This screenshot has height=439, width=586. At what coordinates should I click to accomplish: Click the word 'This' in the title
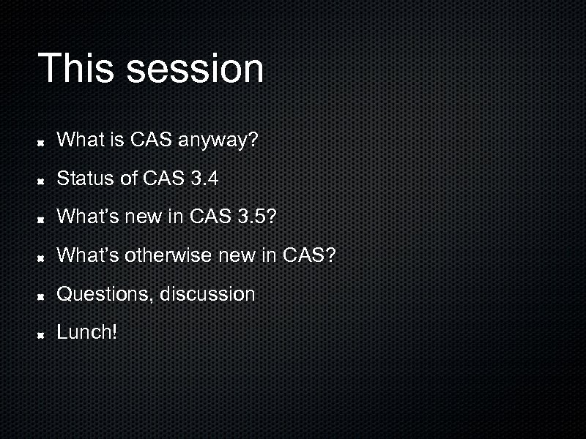pyautogui.click(x=76, y=68)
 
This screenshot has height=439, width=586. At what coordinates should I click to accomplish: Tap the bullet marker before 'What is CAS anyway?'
pyautogui.click(x=43, y=140)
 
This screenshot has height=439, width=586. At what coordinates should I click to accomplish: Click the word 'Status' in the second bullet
pyautogui.click(x=81, y=178)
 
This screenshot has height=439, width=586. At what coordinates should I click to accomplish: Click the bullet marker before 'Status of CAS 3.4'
pyautogui.click(x=43, y=179)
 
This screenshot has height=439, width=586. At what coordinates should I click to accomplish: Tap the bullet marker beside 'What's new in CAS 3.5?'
pyautogui.click(x=43, y=218)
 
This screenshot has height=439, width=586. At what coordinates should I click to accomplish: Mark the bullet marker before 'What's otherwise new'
pyautogui.click(x=43, y=257)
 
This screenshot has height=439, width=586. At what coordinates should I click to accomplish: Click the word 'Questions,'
pyautogui.click(x=105, y=294)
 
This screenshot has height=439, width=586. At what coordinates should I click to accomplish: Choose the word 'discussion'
pyautogui.click(x=207, y=294)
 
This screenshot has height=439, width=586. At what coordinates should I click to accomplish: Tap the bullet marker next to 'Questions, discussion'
pyautogui.click(x=43, y=296)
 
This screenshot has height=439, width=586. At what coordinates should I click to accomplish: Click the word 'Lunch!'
pyautogui.click(x=86, y=333)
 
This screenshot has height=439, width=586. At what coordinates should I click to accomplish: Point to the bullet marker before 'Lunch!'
pyautogui.click(x=43, y=334)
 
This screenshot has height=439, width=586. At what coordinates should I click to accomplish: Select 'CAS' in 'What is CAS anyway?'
pyautogui.click(x=149, y=139)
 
